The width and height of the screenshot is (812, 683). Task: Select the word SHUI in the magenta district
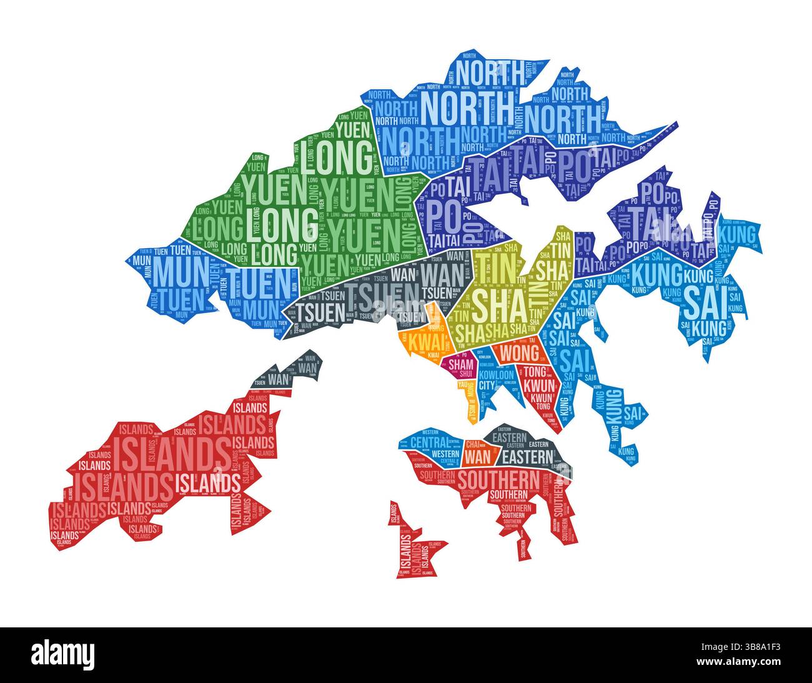[x=465, y=374]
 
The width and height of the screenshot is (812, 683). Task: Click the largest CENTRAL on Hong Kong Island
[x=428, y=443]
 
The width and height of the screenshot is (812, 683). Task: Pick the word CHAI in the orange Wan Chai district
[x=473, y=444]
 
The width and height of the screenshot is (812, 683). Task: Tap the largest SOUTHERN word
[x=497, y=480]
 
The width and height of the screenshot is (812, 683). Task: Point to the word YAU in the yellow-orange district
[x=463, y=386]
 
